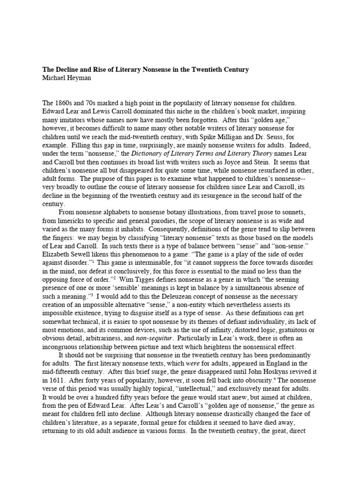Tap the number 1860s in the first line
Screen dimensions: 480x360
(x=65, y=102)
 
